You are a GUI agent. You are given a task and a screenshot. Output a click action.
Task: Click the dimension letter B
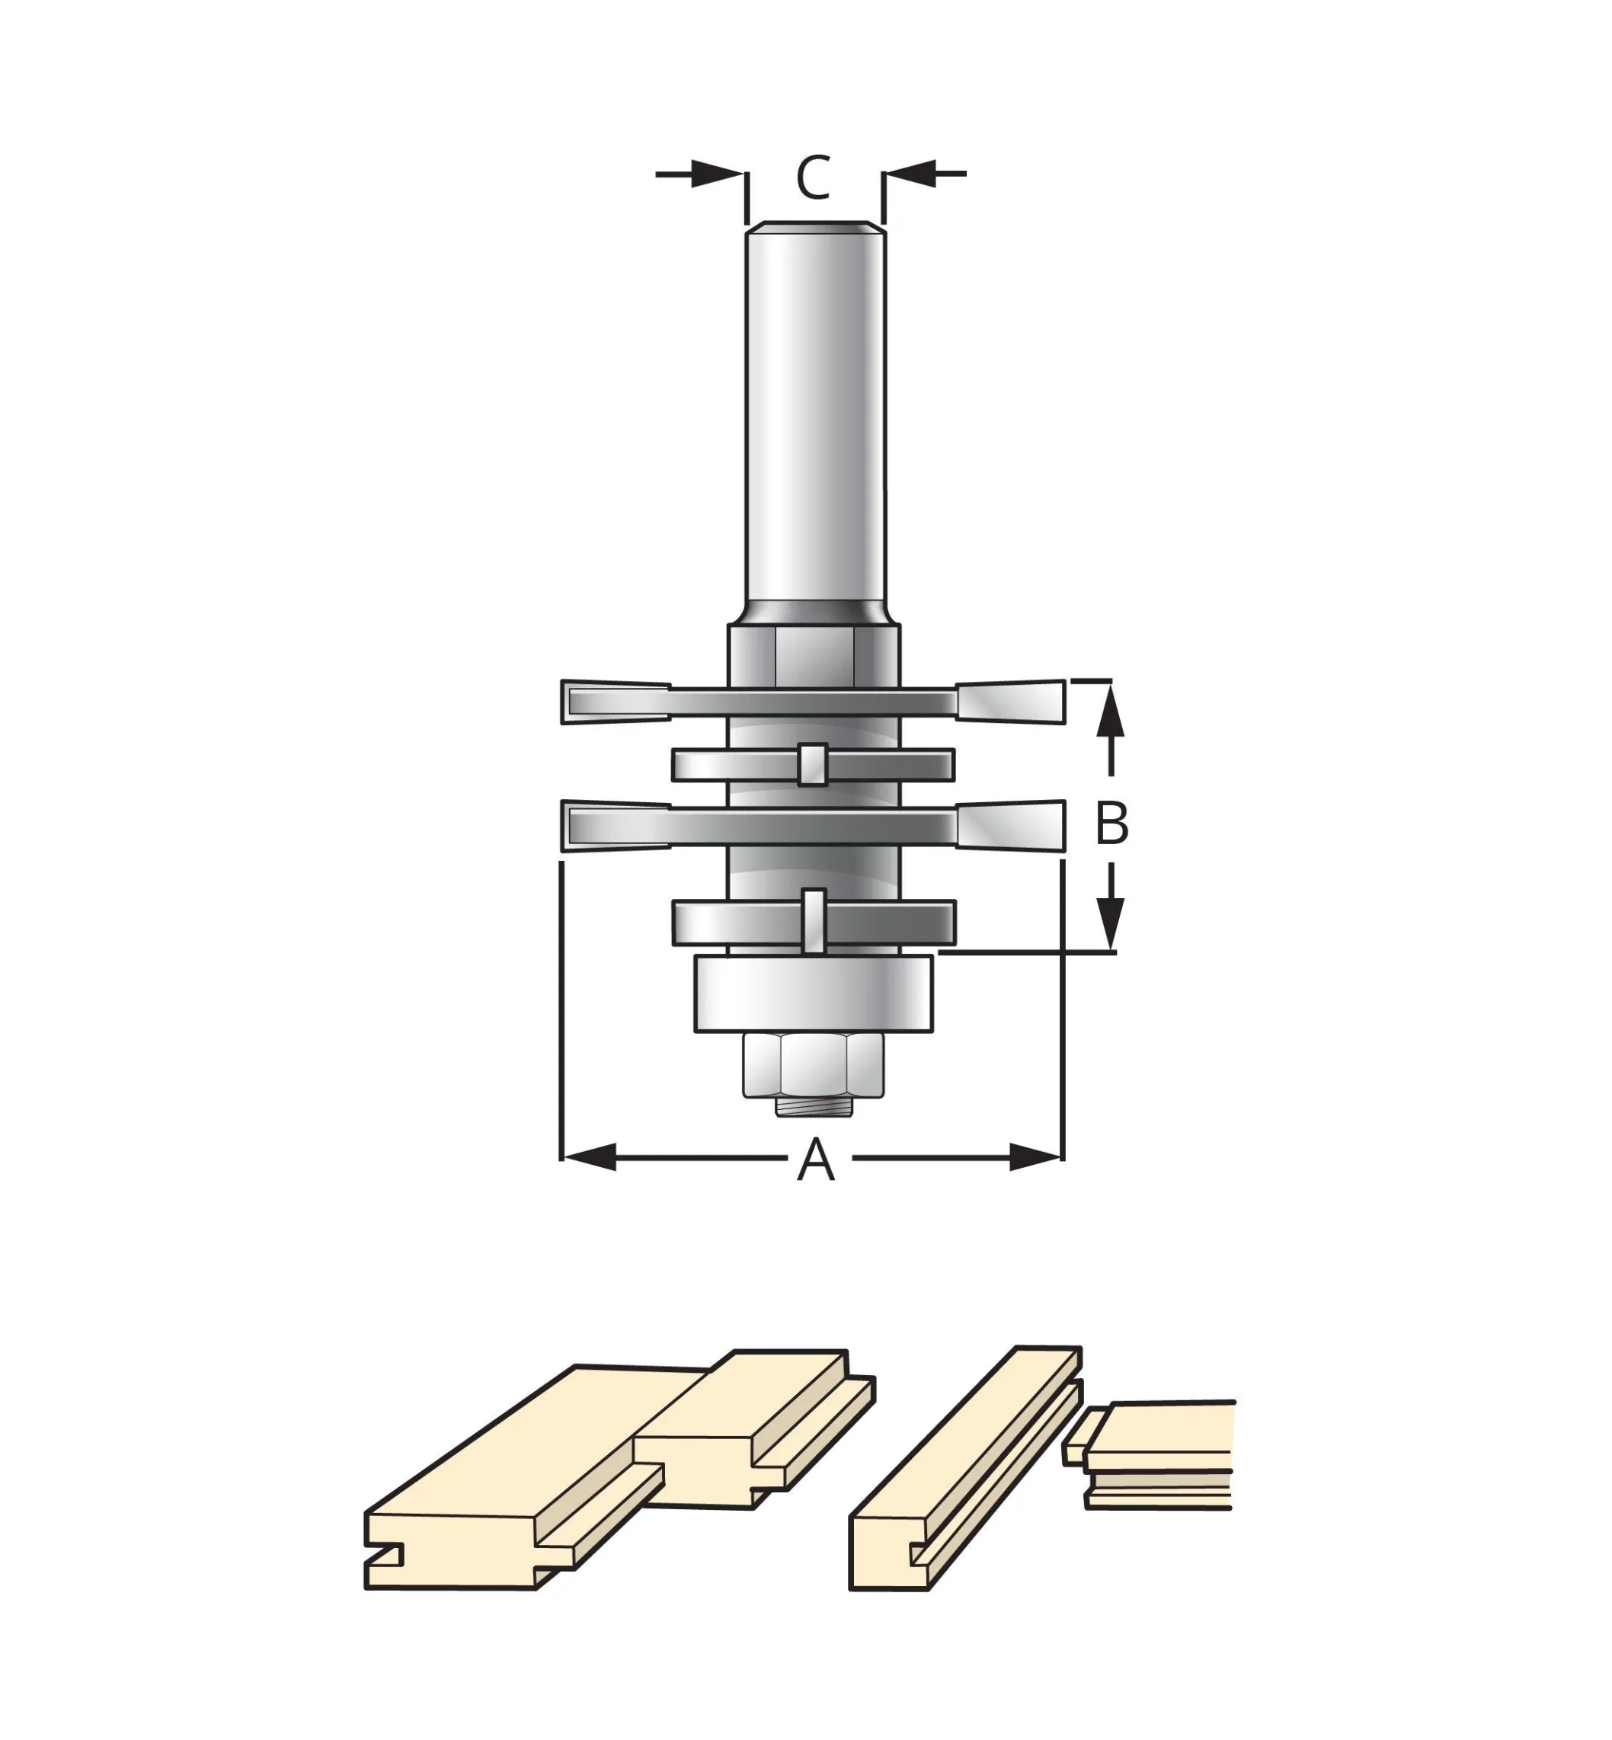(x=1111, y=823)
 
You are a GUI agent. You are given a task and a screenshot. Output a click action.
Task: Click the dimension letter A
(x=816, y=1160)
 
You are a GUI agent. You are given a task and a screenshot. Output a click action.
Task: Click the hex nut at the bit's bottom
(x=814, y=1065)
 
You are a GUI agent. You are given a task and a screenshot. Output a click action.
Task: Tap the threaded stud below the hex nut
(x=814, y=1107)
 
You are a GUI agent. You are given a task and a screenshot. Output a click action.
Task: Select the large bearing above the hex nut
(x=814, y=994)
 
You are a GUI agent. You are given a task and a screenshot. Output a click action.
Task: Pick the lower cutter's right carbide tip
(x=1012, y=824)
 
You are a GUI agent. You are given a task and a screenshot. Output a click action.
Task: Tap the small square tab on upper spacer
(x=813, y=764)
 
